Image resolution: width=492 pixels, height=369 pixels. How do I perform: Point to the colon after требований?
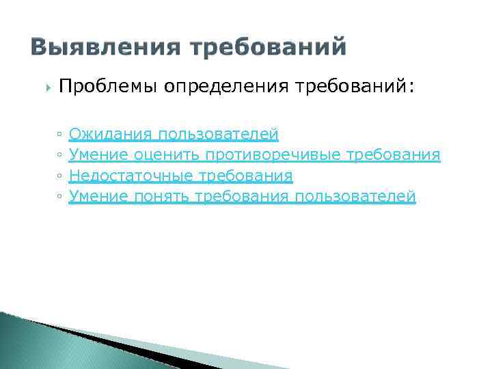411,88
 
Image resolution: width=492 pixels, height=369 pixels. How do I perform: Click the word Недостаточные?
131,176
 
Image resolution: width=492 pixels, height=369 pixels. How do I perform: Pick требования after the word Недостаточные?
245,176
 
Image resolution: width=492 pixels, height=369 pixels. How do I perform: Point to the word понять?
163,197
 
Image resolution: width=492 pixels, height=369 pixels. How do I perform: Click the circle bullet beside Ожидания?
60,135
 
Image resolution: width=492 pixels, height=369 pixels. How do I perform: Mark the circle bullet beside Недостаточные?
60,177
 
